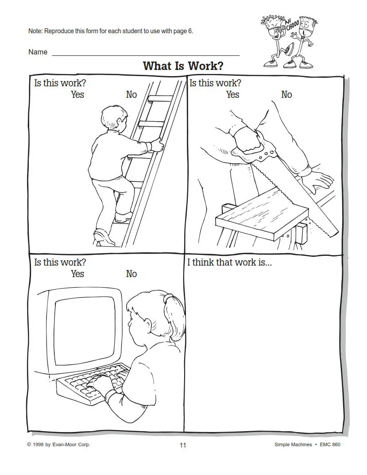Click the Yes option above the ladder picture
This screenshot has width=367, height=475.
click(x=77, y=95)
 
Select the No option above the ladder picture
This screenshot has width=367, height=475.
click(x=131, y=95)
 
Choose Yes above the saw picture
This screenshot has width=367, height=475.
click(x=232, y=95)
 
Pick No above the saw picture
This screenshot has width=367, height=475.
click(x=286, y=95)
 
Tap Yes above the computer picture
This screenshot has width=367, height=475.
click(x=77, y=274)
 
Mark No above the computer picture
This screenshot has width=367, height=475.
click(x=131, y=274)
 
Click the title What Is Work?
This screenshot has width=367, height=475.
click(x=183, y=66)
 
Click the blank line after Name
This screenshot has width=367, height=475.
click(x=146, y=55)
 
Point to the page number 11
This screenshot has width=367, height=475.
click(x=183, y=445)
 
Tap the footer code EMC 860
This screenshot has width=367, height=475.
click(x=330, y=445)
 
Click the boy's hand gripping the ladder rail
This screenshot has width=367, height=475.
click(x=158, y=144)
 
